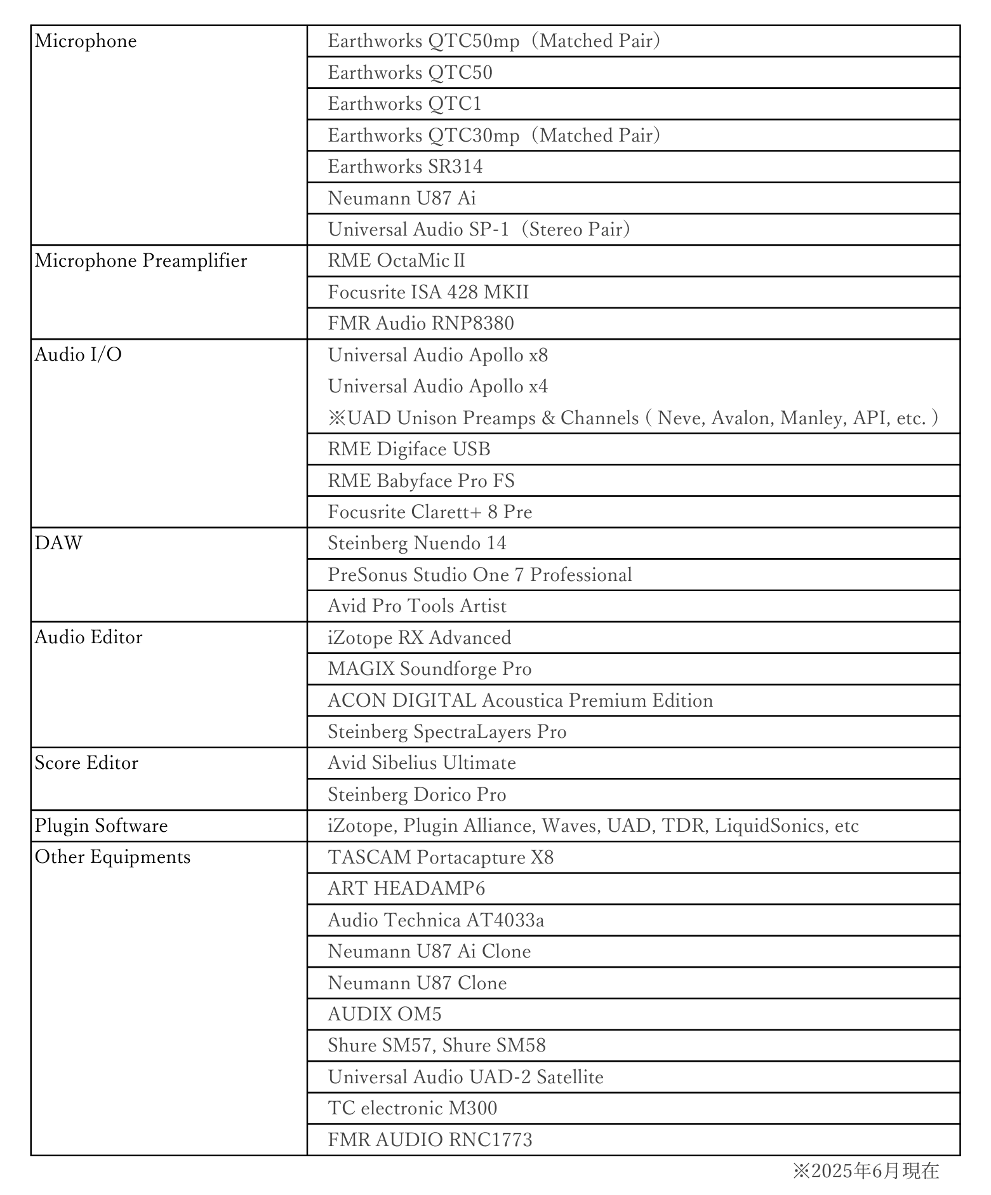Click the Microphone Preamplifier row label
tap(141, 261)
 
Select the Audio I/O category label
tap(78, 355)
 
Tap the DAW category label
tap(58, 544)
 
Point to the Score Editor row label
tap(86, 763)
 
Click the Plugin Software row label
tap(102, 826)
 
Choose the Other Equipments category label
tap(112, 857)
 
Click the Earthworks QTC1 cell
tap(404, 104)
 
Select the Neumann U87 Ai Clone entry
tap(429, 952)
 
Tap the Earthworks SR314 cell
tap(405, 167)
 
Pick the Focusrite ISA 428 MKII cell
tap(428, 293)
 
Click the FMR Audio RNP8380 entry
tap(421, 324)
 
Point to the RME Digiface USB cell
tap(409, 450)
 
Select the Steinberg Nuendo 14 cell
tap(417, 544)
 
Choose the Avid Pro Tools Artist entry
tap(417, 606)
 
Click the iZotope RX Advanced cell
tap(419, 638)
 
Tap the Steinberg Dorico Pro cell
tap(417, 795)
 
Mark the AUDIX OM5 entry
tap(384, 1015)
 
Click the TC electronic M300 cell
tap(412, 1109)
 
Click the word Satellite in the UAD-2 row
tap(569, 1078)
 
